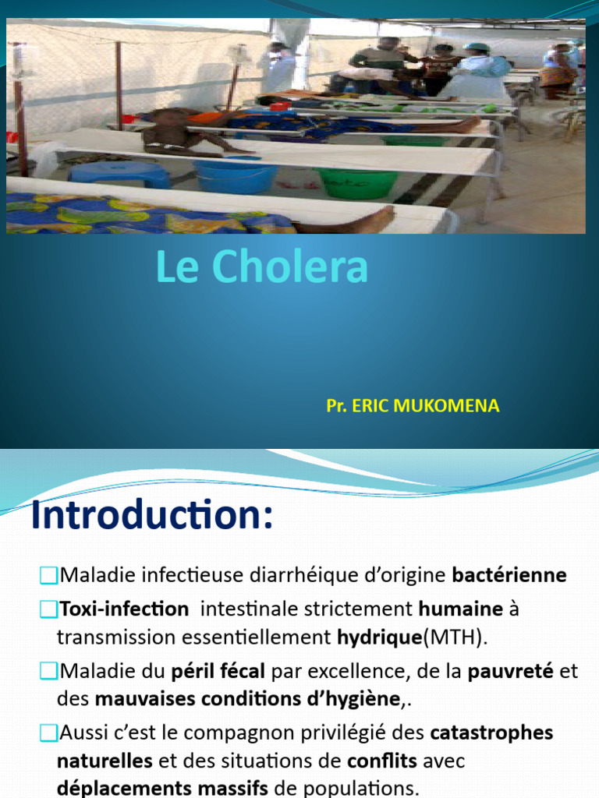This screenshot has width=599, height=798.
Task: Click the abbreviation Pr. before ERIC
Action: [336, 406]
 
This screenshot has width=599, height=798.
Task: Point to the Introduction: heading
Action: [152, 517]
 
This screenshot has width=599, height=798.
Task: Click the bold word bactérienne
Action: [509, 576]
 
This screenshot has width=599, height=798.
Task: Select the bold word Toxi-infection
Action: [124, 609]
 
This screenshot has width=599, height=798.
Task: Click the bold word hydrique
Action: [378, 637]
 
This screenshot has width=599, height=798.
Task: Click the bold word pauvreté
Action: [510, 671]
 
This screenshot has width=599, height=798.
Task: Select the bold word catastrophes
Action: [491, 733]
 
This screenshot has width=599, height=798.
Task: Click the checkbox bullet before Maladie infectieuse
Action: [48, 576]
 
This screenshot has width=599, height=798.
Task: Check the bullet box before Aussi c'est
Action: [48, 733]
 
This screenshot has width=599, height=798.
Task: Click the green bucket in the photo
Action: [357, 182]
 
